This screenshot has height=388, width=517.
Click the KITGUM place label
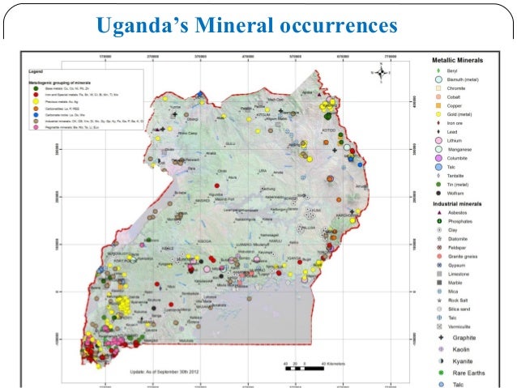coord(264,115)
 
